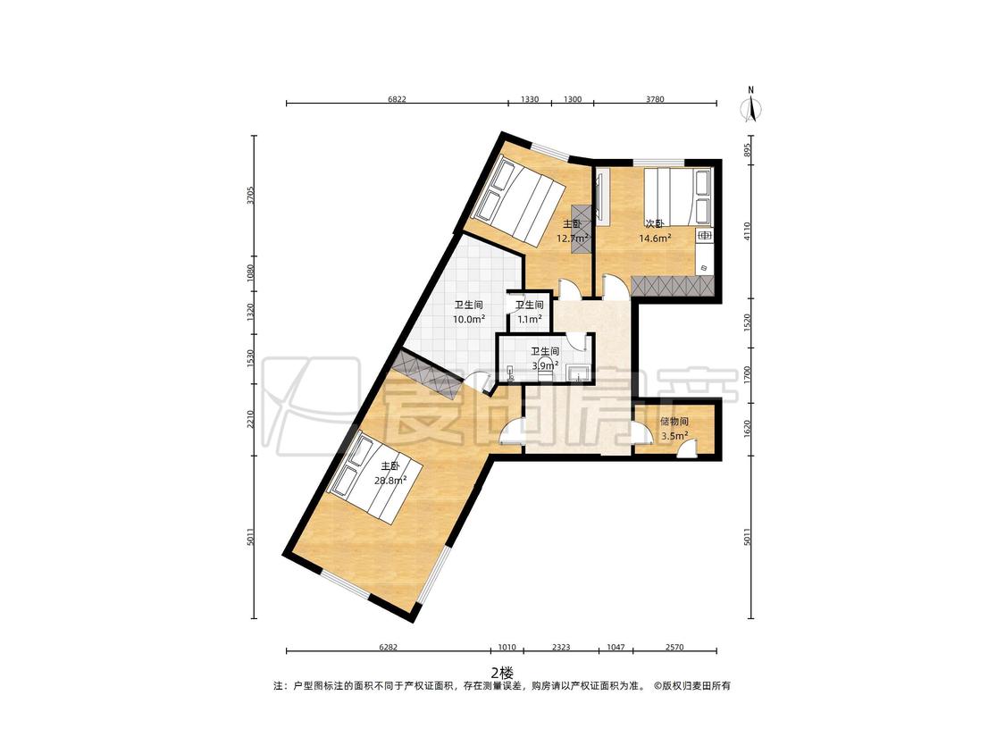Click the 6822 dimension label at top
[x=398, y=99]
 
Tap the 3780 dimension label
[x=655, y=99]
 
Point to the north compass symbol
[x=751, y=104]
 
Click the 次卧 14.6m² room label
[x=655, y=230]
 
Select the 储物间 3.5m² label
[x=674, y=429]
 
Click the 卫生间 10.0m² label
[x=468, y=312]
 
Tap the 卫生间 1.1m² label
[x=530, y=312]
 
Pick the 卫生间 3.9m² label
[x=546, y=358]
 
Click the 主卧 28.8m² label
[x=390, y=473]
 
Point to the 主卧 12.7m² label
[x=573, y=230]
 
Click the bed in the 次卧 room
[x=677, y=196]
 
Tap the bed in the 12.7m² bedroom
[x=519, y=201]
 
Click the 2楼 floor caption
[x=502, y=673]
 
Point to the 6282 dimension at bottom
[x=389, y=647]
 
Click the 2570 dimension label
[x=674, y=647]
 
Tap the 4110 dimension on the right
[x=747, y=231]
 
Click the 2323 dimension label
[x=561, y=647]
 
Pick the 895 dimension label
[x=747, y=150]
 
